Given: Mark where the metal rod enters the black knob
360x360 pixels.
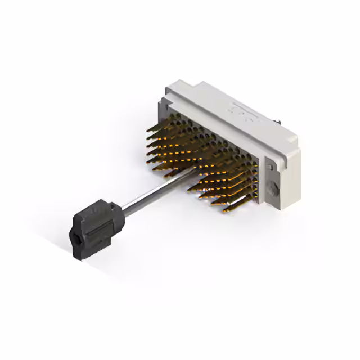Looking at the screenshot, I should tap(121, 211).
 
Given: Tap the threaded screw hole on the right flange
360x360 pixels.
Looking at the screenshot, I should tap(272, 188).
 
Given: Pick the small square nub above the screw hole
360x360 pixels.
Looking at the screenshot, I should tap(268, 166).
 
